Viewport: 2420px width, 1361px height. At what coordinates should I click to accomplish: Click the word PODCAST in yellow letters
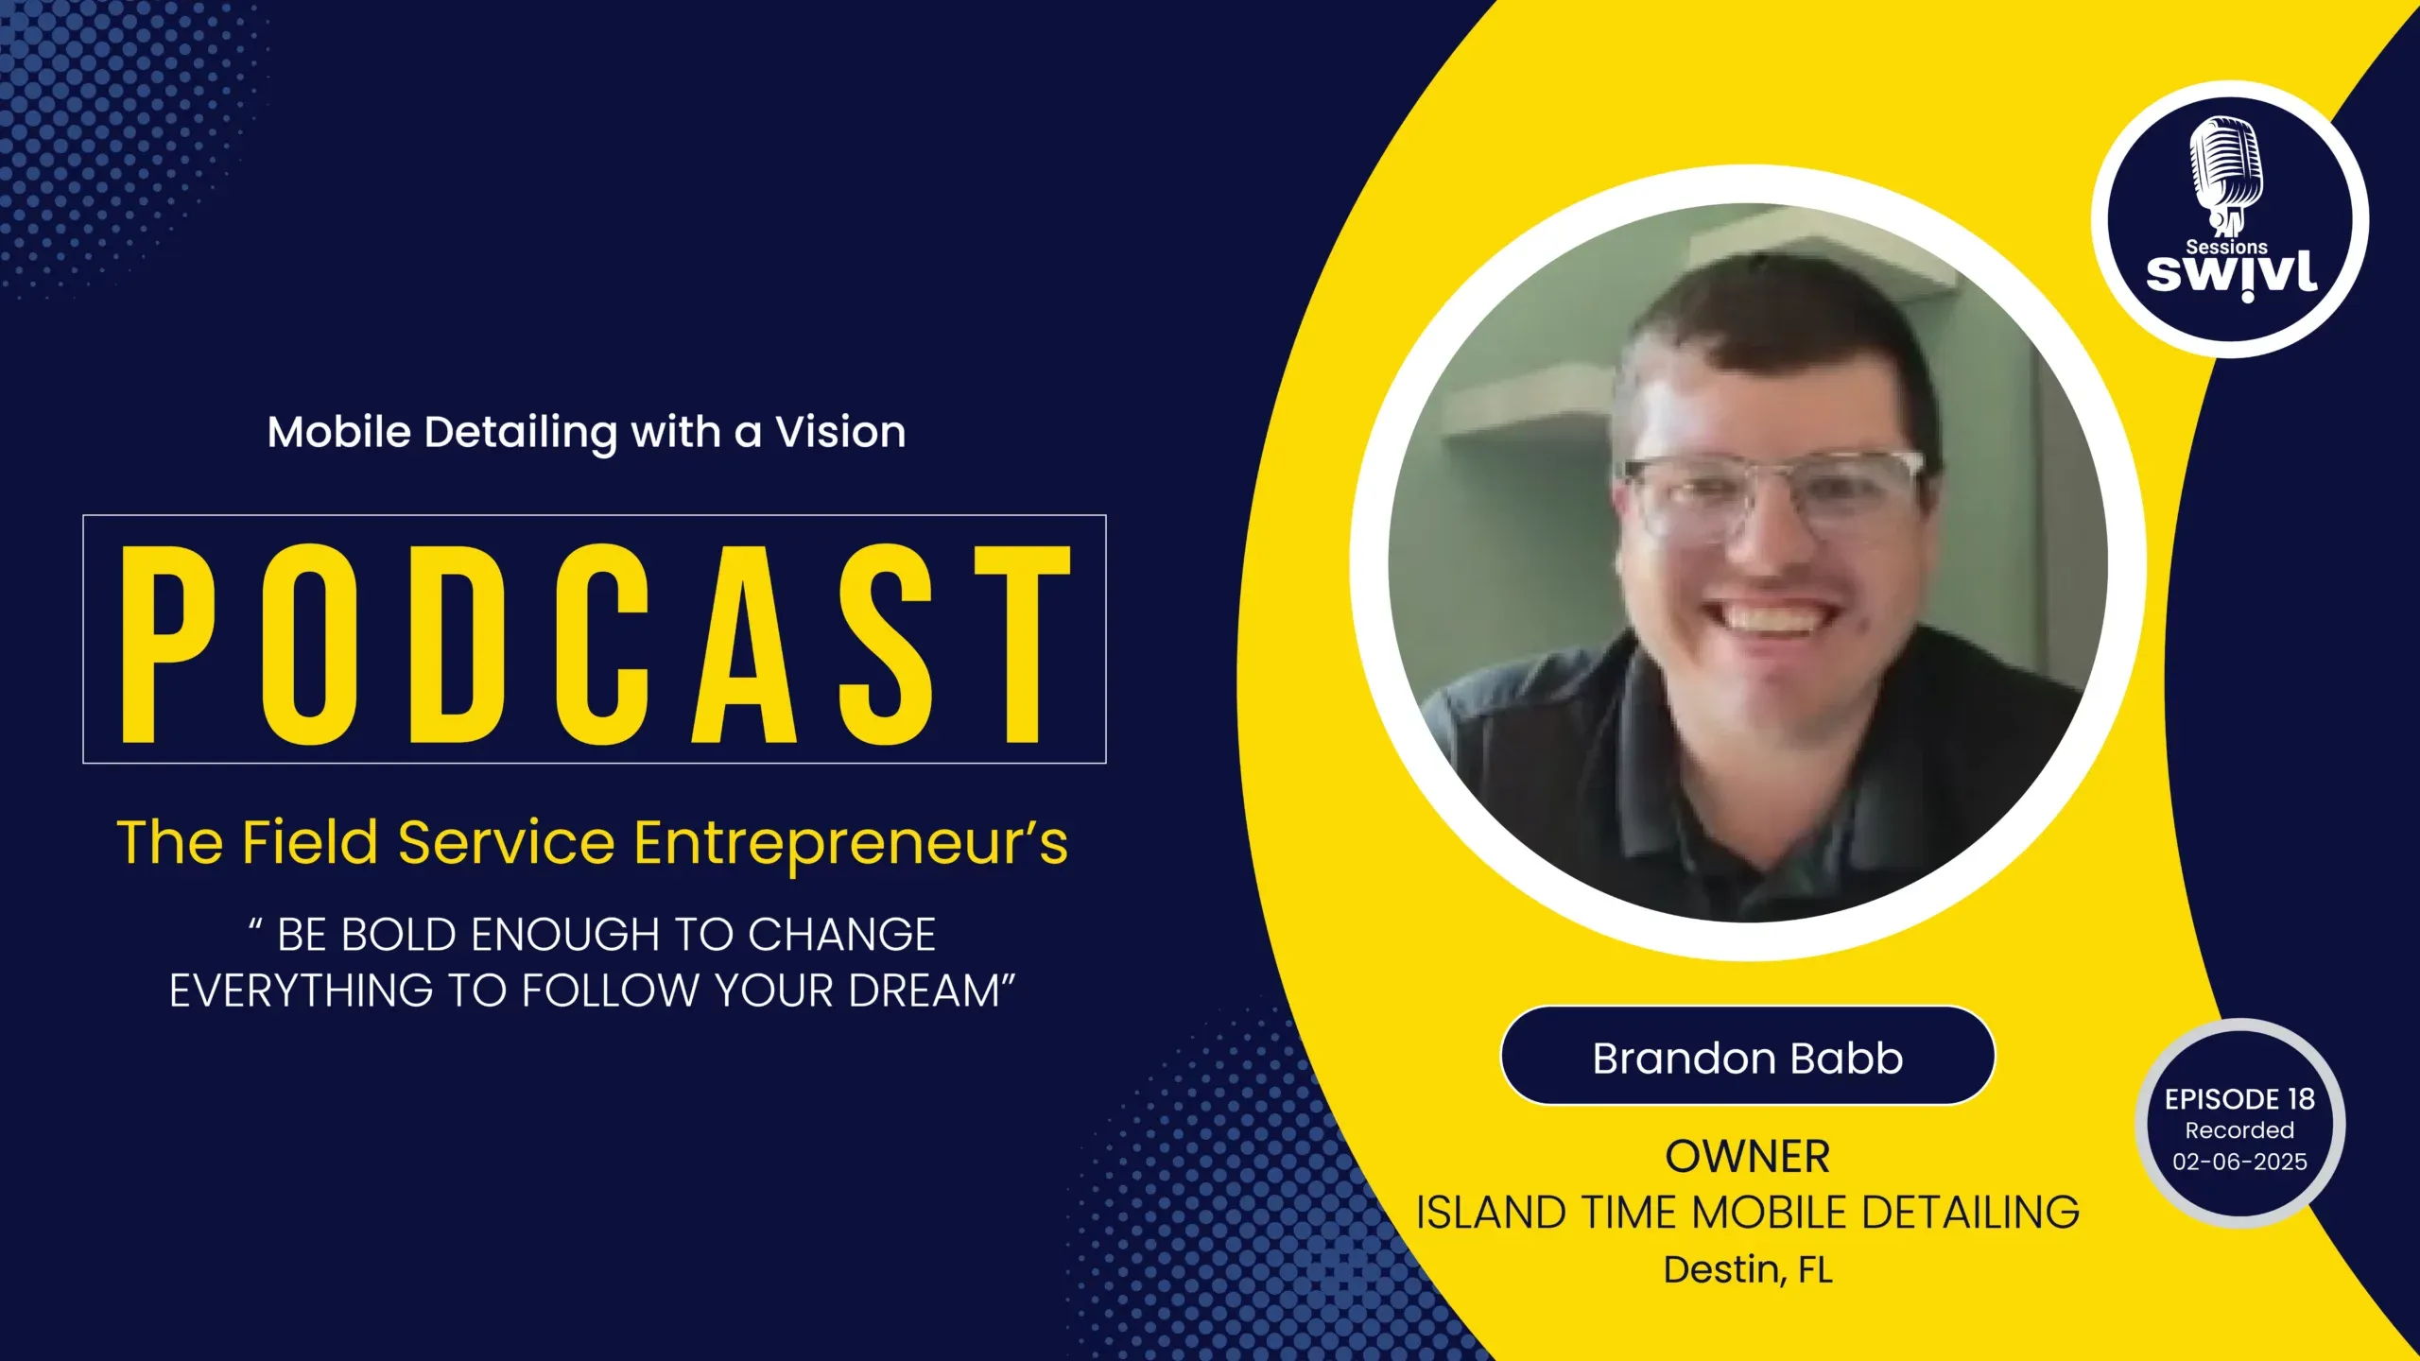click(596, 644)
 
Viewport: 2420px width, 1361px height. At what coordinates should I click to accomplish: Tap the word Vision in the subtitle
click(840, 432)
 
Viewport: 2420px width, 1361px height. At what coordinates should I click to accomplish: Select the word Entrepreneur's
click(851, 843)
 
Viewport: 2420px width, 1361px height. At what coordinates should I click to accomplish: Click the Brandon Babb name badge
click(1748, 1056)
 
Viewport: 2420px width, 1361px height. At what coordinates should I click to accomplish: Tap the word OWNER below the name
click(1748, 1157)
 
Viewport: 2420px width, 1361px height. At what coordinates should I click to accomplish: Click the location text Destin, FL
click(1748, 1269)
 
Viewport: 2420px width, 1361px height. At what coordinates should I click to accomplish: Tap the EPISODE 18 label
click(2239, 1099)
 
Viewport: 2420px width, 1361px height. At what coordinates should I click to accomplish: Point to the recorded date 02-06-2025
click(2239, 1162)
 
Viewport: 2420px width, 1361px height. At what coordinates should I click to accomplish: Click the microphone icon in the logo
click(2227, 175)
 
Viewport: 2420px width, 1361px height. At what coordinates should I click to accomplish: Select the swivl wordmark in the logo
click(2231, 275)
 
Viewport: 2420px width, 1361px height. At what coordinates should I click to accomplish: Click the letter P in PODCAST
click(168, 644)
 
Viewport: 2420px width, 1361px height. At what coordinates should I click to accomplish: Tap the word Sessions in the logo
click(2226, 246)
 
